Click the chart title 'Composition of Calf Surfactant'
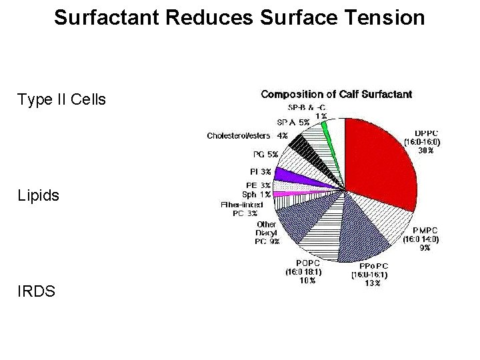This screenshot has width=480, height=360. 336,95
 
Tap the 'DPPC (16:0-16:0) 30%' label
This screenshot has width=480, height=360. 426,141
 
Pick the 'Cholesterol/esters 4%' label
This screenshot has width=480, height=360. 247,136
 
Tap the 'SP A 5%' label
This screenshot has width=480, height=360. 293,122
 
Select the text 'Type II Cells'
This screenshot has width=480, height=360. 61,100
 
